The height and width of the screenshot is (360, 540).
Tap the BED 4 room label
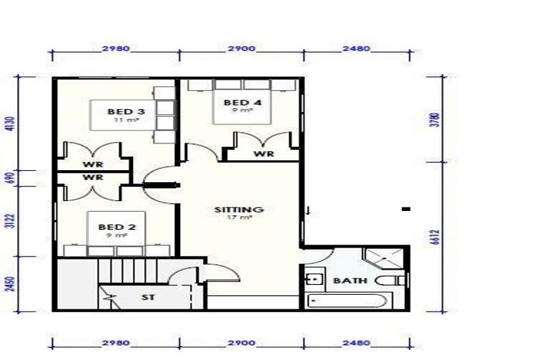[243, 103]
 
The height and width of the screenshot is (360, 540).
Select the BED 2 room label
[116, 226]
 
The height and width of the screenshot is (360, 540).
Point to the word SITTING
[239, 210]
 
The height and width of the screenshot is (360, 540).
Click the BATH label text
[349, 281]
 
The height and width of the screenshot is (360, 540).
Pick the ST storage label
[148, 297]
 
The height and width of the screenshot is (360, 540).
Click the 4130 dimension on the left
[10, 124]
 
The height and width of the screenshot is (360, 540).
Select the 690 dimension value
[10, 178]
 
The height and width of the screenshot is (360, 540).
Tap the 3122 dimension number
[10, 221]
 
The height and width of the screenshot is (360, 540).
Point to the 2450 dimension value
[10, 283]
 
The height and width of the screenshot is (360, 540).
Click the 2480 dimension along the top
[355, 49]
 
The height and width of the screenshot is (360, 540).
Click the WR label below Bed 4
[264, 154]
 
